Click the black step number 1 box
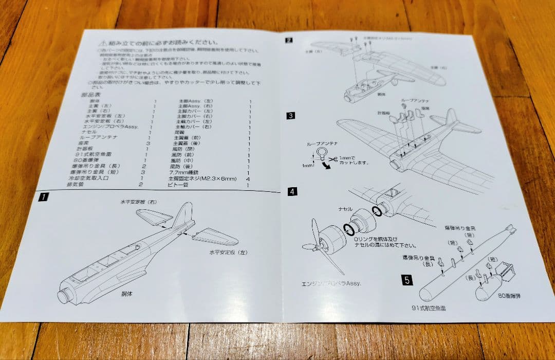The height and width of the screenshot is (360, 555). pyautogui.click(x=45, y=196)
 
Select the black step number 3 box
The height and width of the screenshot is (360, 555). pyautogui.click(x=290, y=116)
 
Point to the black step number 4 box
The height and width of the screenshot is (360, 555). pyautogui.click(x=292, y=191)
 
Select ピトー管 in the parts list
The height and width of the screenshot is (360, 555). pyautogui.click(x=177, y=184)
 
